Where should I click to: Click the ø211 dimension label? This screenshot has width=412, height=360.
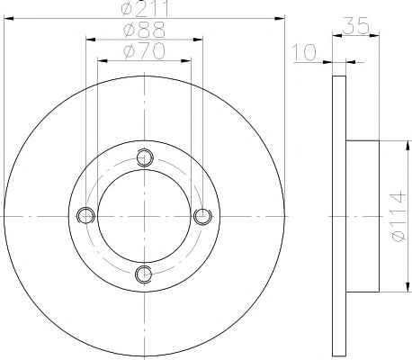pos(145,8)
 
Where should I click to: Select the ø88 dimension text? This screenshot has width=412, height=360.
pos(144,30)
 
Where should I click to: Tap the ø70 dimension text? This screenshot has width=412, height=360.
pos(144,51)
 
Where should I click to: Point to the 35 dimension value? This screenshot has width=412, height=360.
pos(355,25)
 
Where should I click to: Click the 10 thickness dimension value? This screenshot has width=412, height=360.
pos(304,53)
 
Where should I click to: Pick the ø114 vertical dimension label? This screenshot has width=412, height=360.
pos(399,217)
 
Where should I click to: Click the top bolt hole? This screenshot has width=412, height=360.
pos(145,157)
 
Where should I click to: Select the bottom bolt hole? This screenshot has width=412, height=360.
pos(144,274)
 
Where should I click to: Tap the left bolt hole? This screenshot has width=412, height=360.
pos(85,215)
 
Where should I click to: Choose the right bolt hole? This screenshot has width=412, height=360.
pos(202,216)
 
